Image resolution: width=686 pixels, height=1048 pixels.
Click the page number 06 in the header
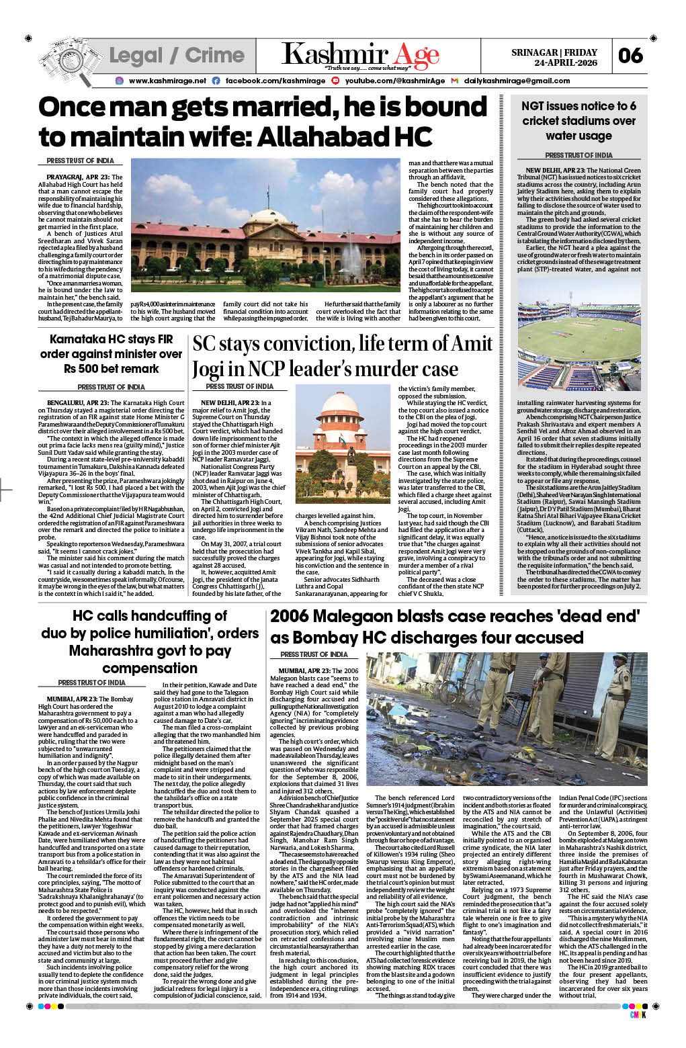tap(630, 55)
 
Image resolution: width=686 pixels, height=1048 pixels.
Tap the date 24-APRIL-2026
tap(566, 62)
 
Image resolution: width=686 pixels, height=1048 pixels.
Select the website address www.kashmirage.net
tap(167, 81)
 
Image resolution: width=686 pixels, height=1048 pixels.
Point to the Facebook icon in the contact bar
tap(216, 81)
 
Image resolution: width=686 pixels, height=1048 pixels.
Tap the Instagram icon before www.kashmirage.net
tap(119, 81)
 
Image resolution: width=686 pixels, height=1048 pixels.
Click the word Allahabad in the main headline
tap(333, 137)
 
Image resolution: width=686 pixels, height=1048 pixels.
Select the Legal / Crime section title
tap(176, 55)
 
